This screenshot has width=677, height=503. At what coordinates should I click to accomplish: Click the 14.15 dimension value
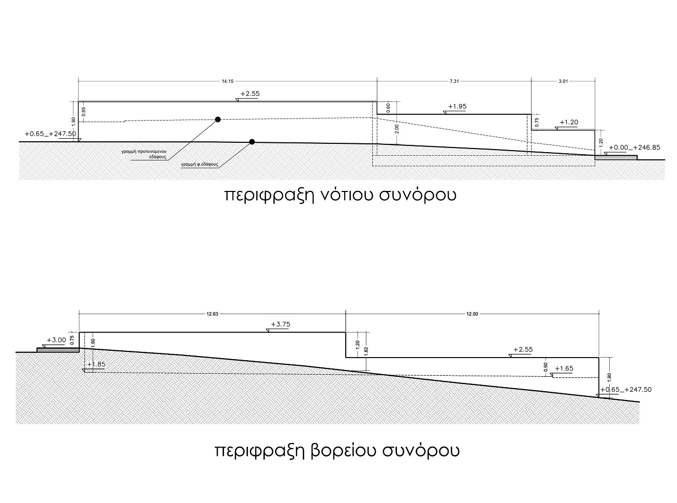tap(227, 81)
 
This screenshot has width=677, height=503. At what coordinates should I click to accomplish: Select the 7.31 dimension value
tap(454, 81)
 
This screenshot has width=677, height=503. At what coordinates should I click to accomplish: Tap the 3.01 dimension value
tap(563, 81)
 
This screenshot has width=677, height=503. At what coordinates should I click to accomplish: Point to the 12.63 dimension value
tap(212, 314)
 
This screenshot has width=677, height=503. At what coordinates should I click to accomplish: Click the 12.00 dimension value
tap(472, 314)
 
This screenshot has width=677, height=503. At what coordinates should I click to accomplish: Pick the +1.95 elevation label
tap(457, 107)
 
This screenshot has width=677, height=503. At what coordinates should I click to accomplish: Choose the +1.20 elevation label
tap(569, 122)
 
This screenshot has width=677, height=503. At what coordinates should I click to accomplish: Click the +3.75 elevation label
tap(281, 324)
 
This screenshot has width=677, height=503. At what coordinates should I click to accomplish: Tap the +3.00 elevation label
tap(56, 340)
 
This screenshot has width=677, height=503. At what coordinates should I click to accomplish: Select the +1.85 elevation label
tap(96, 364)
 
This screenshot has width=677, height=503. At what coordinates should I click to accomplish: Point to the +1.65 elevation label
tap(564, 368)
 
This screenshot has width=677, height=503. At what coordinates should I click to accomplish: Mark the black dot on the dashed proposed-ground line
tap(217, 120)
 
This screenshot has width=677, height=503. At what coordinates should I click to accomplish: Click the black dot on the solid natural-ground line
tap(252, 142)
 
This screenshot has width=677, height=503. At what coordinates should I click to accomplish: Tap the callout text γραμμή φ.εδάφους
tap(200, 164)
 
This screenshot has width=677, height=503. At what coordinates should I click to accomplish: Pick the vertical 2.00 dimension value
tap(397, 129)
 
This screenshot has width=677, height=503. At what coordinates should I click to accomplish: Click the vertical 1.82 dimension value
tap(366, 351)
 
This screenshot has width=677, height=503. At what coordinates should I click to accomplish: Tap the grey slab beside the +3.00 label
tap(58, 350)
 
